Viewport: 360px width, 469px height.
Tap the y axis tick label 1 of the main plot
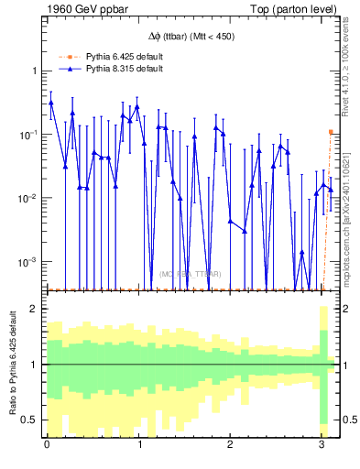click(36, 71)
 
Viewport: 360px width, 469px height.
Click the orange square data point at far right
click(331, 132)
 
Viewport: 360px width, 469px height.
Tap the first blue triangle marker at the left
click(51, 103)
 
